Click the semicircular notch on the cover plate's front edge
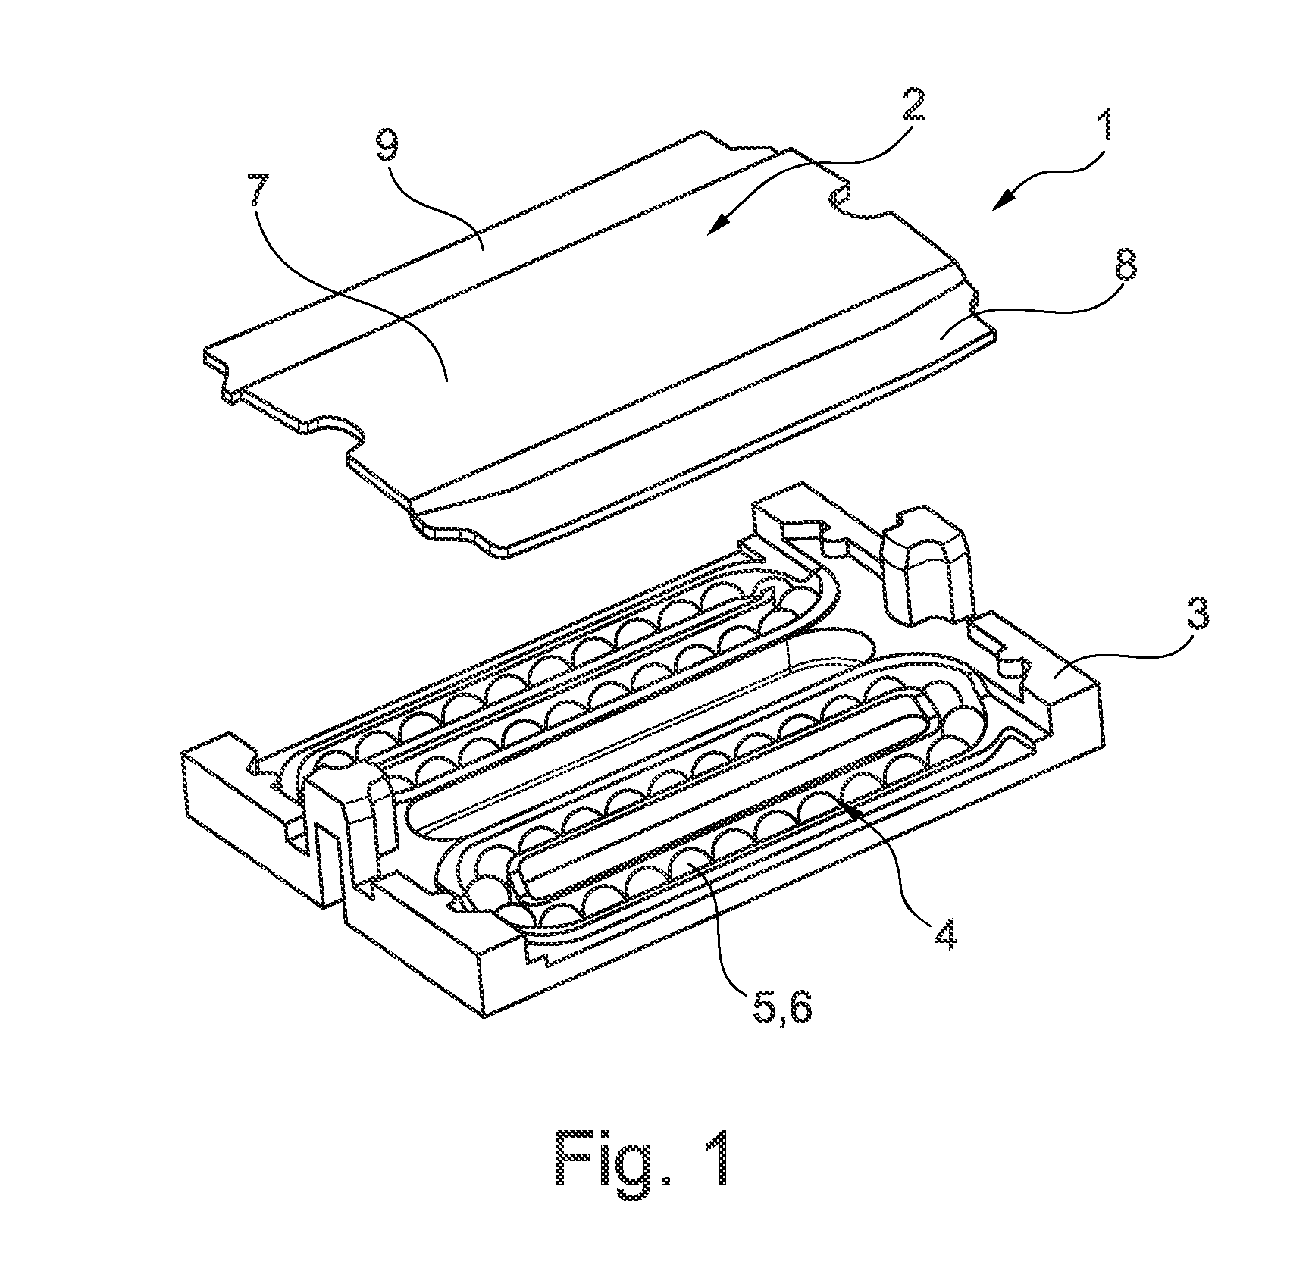coord(334,432)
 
